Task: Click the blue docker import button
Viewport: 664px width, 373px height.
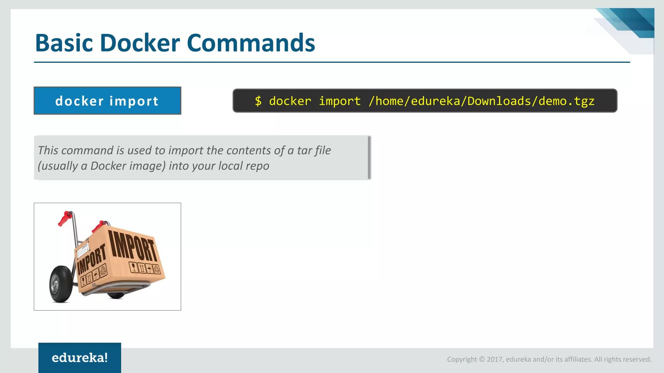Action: pyautogui.click(x=107, y=101)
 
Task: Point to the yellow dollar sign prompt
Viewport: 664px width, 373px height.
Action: pyautogui.click(x=258, y=101)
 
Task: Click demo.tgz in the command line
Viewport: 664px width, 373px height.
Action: pyautogui.click(x=566, y=101)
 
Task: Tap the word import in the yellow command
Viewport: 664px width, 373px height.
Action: pyautogui.click(x=339, y=101)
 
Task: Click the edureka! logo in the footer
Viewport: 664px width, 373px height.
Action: pyautogui.click(x=80, y=358)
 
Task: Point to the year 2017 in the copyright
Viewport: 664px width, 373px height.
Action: pyautogui.click(x=494, y=359)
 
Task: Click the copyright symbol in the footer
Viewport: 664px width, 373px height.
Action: pyautogui.click(x=482, y=359)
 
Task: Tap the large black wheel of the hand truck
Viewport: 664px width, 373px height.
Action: pyautogui.click(x=61, y=284)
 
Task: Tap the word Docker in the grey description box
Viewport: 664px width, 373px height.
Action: pyautogui.click(x=108, y=166)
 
